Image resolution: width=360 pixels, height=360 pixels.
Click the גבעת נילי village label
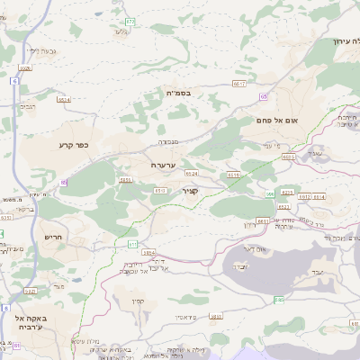coord(40,50)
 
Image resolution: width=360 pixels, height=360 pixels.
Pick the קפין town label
coord(138,301)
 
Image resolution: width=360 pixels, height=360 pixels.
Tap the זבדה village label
coord(240,267)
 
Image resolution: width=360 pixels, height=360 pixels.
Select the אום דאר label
coord(255,247)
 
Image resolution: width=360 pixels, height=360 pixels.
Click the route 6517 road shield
coord(238,83)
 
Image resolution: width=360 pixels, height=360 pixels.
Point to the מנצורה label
coord(169,140)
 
